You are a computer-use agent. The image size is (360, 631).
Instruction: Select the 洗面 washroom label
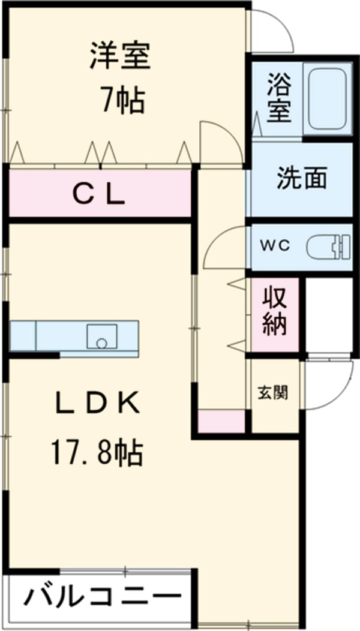click(x=301, y=179)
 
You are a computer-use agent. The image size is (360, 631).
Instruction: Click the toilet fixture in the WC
click(x=327, y=247)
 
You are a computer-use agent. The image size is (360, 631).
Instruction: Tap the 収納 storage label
click(x=274, y=315)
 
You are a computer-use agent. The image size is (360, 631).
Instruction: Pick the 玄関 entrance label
click(x=272, y=393)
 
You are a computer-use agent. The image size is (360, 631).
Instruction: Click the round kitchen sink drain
click(x=101, y=344)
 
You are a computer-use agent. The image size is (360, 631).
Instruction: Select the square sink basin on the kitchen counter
click(x=101, y=336)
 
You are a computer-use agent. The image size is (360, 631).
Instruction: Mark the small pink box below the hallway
click(x=222, y=422)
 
